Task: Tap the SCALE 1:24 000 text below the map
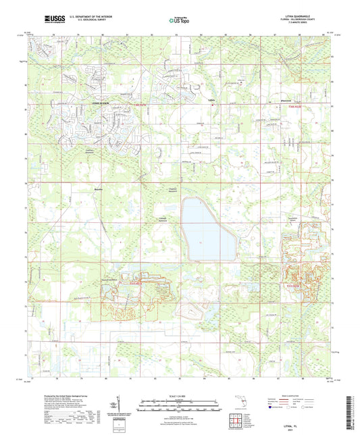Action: (179, 394)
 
